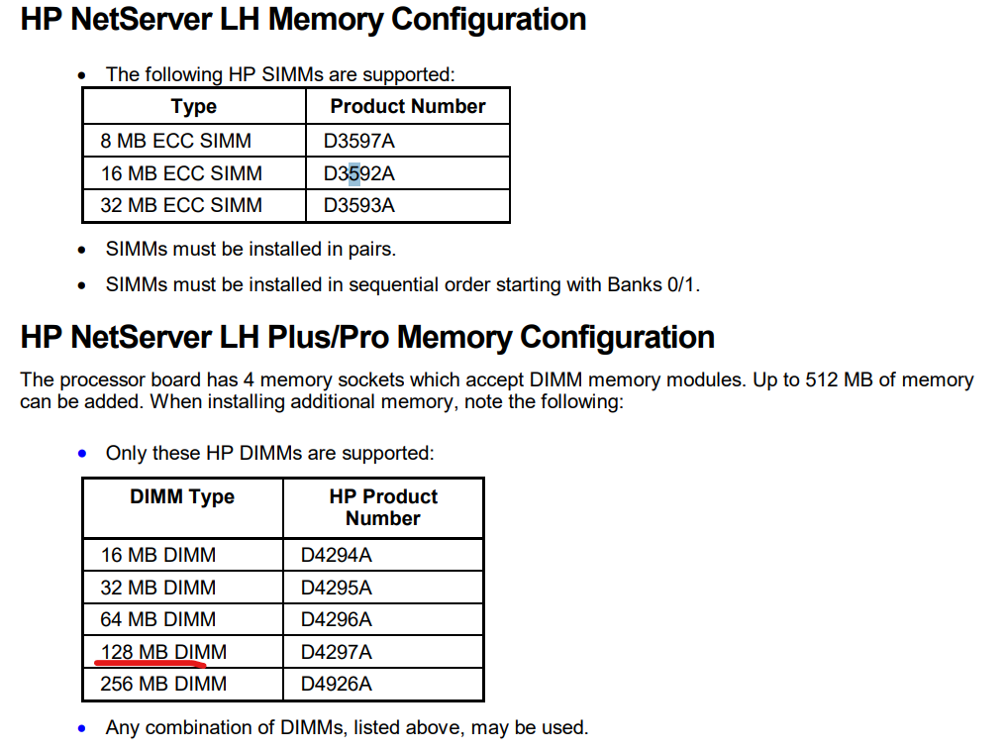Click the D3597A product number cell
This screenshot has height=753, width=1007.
pos(358,141)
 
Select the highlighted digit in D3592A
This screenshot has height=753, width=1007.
pos(353,174)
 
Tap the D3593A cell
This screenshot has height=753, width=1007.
pos(358,206)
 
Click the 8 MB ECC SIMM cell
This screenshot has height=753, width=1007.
pos(175,141)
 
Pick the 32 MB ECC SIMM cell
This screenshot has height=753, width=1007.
pos(181,206)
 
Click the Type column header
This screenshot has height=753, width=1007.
pos(193,107)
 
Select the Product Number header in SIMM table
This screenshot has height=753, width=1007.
pos(408,106)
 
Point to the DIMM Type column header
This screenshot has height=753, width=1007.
pos(182,497)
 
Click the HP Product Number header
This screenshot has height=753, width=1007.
pos(383,507)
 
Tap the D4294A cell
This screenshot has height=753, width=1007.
pos(337,555)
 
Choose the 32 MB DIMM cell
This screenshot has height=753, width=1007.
pos(158,588)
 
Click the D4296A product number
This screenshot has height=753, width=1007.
pos(337,620)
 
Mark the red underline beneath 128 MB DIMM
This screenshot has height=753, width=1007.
pos(151,662)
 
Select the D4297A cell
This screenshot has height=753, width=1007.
pos(337,653)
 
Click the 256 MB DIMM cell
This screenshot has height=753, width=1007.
pos(163,685)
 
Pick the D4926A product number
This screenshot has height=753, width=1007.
pos(337,685)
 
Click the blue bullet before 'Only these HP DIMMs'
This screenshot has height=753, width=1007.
pos(81,454)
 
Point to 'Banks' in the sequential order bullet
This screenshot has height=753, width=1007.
pos(635,284)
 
